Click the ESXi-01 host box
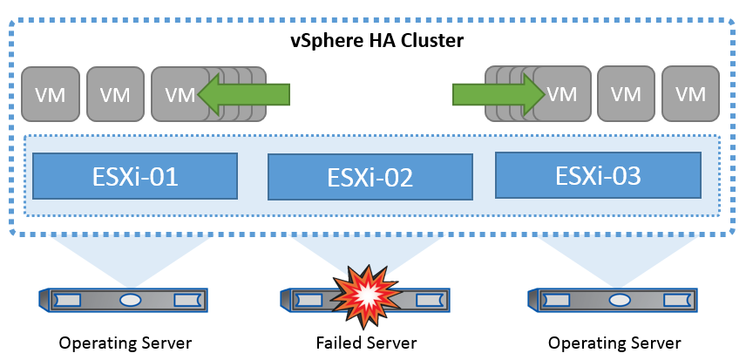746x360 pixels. click(135, 176)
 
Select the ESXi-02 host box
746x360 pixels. click(370, 178)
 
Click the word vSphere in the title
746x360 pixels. click(328, 40)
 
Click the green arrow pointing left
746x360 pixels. click(244, 92)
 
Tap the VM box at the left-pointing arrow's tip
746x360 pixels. click(179, 92)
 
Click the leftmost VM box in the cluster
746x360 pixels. click(49, 92)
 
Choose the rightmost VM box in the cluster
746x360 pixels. click(690, 92)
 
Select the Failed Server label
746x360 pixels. click(366, 343)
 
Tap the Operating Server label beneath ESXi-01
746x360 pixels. click(125, 343)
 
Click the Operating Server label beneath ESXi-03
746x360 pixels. click(615, 343)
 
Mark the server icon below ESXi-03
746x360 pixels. click(616, 300)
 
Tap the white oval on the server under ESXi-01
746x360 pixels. click(130, 300)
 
